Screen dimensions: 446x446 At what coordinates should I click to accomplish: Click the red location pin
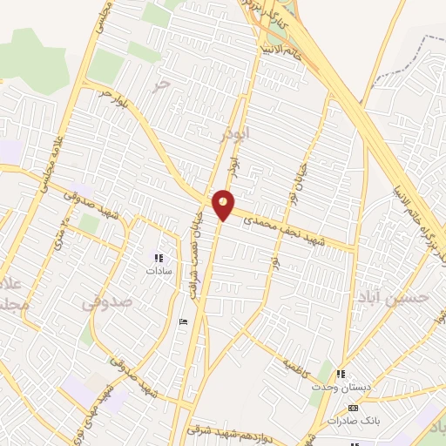point(224,204)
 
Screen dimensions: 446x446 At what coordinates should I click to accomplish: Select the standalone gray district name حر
point(159,84)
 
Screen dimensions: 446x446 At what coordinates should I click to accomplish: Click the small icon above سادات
point(159,258)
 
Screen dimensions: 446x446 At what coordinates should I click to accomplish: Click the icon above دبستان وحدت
point(341,375)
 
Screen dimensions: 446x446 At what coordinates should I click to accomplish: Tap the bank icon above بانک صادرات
point(353,408)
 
